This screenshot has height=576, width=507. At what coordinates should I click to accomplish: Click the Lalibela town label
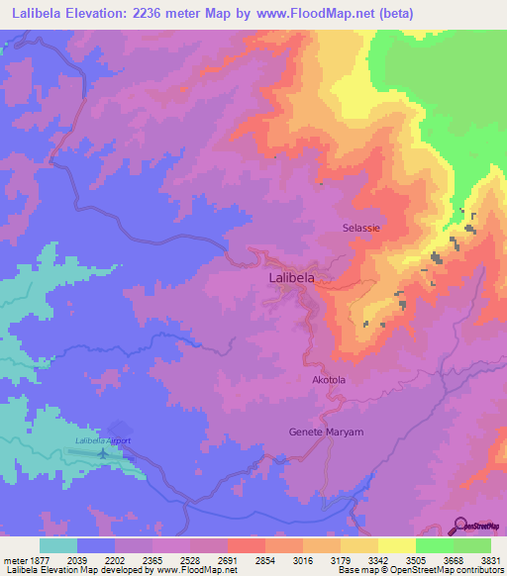(x=292, y=279)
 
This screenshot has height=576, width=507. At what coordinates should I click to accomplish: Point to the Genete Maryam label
(x=326, y=432)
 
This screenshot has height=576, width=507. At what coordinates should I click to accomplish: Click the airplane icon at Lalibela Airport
(x=103, y=452)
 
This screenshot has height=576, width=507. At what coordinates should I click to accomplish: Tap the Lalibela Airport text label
(x=103, y=440)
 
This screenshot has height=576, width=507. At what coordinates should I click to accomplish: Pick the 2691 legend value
(x=228, y=559)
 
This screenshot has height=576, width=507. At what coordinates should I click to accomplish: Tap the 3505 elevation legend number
(x=416, y=559)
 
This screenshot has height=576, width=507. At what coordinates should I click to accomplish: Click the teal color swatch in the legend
(x=58, y=545)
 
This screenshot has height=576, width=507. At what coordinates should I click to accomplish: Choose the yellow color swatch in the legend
(x=397, y=545)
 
